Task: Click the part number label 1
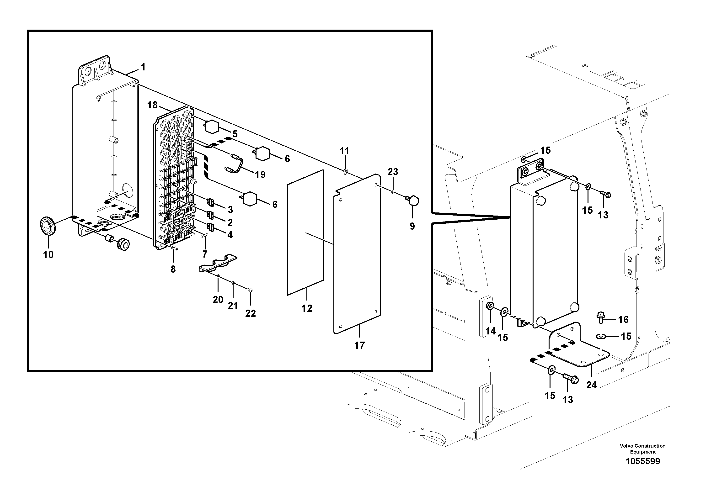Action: (143, 67)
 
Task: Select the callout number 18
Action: (152, 105)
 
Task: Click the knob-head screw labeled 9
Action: (412, 201)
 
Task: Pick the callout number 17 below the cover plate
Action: (359, 345)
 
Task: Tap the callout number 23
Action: (393, 172)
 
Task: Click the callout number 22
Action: (251, 313)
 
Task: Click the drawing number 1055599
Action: (642, 470)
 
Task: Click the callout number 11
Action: (344, 151)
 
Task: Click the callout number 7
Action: (205, 254)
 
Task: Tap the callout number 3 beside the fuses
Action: (230, 210)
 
